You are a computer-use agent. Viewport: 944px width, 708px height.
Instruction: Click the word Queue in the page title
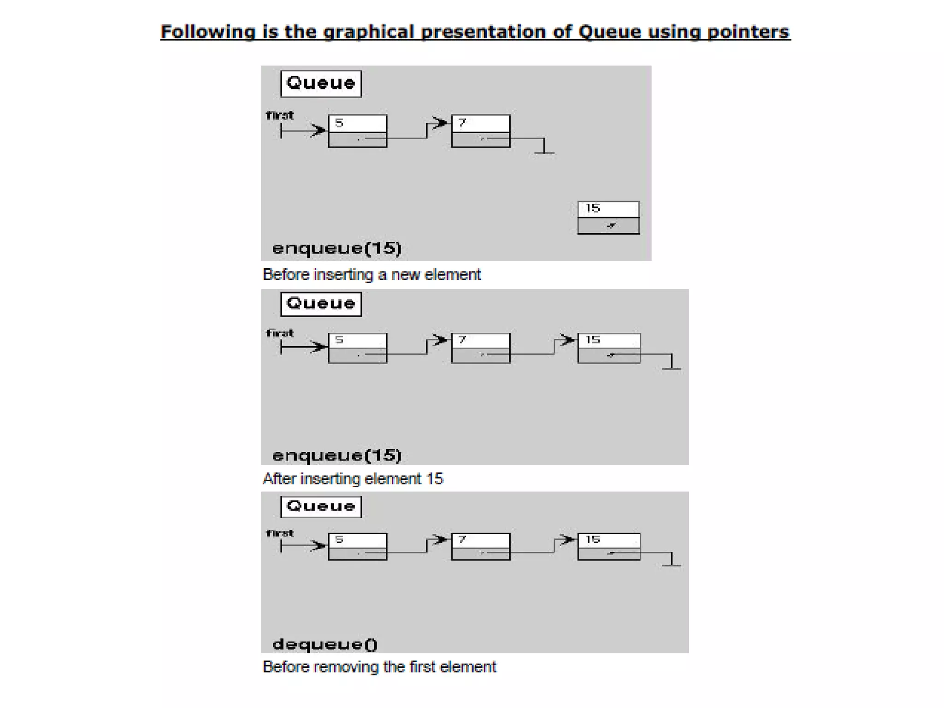coord(609,32)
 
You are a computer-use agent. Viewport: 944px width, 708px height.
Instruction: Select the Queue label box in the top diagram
coord(321,83)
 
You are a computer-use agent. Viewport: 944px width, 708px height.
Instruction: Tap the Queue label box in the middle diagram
coord(321,304)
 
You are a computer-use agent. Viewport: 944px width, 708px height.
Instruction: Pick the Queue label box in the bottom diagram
coord(321,507)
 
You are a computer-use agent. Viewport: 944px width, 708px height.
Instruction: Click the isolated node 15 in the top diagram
coord(608,218)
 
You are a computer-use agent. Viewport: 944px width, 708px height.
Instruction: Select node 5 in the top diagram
coord(358,131)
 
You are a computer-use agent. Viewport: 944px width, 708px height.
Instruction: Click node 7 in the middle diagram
coord(481,348)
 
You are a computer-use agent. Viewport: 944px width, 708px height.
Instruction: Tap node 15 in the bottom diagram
coord(609,547)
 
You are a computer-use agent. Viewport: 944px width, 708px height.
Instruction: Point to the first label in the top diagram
coord(280,115)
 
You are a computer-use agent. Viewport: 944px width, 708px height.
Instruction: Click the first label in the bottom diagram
coord(280,533)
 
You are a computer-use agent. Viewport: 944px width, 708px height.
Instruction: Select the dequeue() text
coord(325,644)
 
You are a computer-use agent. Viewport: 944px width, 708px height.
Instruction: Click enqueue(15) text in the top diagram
coord(337,248)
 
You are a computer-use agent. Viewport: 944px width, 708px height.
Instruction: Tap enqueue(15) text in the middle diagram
coord(337,455)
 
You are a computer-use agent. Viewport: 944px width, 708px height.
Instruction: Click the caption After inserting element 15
coord(353,479)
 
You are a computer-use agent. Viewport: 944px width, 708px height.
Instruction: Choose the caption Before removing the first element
coord(379,667)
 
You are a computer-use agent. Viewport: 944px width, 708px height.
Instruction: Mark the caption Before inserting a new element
coord(372,275)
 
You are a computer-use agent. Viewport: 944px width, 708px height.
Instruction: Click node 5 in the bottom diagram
coord(358,547)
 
